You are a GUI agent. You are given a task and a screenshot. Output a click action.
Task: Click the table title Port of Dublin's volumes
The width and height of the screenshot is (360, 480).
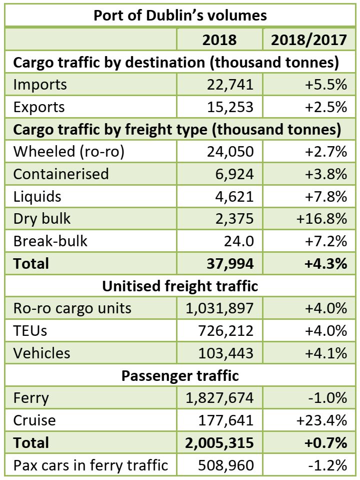coord(180,15)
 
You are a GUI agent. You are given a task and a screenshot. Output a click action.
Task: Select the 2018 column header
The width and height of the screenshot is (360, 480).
coord(219,40)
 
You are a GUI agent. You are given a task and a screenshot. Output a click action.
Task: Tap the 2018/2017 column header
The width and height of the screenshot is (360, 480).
coord(308,40)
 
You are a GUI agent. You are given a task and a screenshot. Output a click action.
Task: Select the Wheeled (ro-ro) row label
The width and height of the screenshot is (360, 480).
coord(68,152)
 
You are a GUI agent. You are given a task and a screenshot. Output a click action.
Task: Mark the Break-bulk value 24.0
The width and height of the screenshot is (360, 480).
coord(239,241)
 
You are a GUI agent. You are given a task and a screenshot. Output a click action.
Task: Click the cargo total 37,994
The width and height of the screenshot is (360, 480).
coord(229,263)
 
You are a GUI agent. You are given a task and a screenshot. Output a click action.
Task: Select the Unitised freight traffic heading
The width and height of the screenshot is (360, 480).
coord(180,286)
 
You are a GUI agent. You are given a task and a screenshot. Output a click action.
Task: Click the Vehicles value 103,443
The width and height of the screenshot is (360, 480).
coord(224,353)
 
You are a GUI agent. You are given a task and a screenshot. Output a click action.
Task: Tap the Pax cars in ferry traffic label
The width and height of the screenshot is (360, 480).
coord(90,465)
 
